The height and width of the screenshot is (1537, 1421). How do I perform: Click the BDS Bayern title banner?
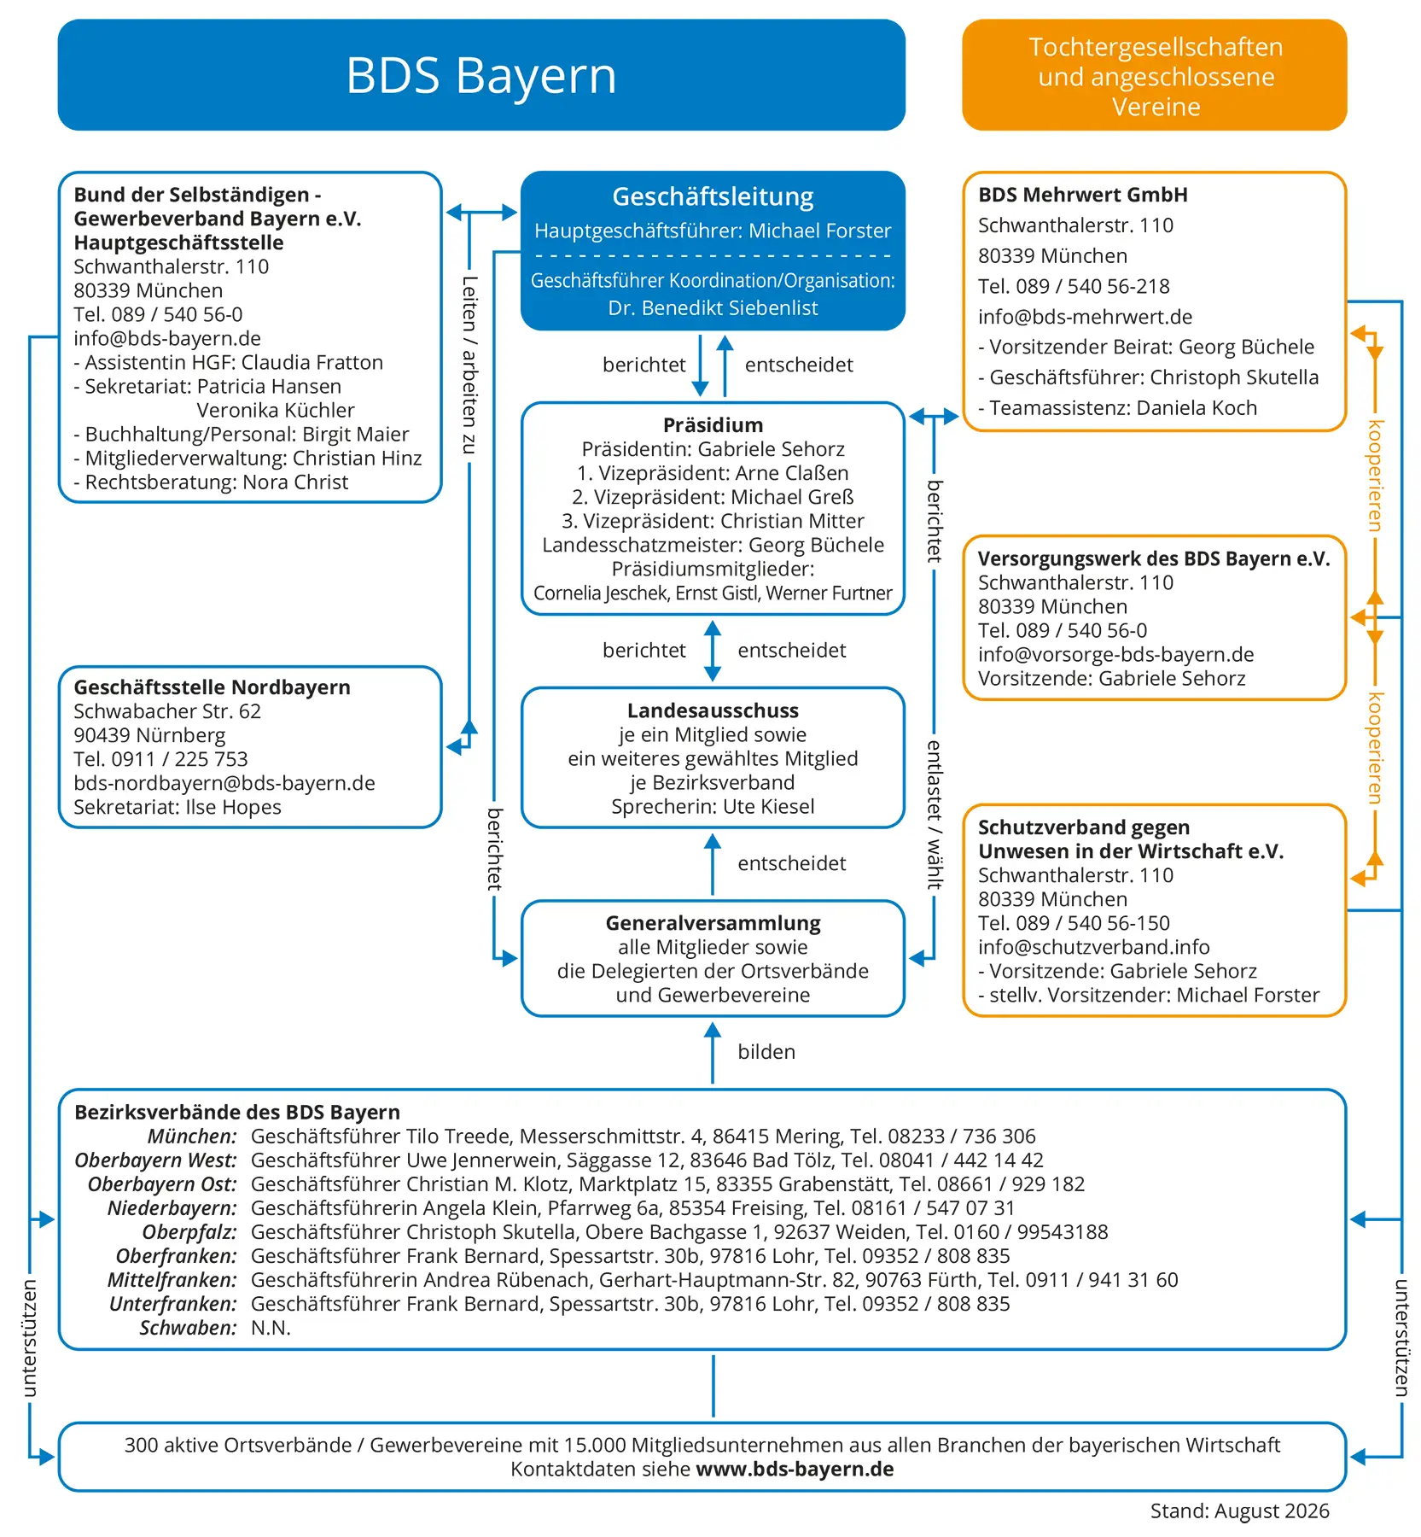pos(481,75)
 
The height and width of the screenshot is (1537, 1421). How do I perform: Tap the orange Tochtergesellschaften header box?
pos(1155,75)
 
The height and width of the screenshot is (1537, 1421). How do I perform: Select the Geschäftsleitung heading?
pos(713,197)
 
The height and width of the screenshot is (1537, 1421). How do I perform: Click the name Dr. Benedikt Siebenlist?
pos(713,308)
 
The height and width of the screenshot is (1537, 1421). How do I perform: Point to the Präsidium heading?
pos(713,425)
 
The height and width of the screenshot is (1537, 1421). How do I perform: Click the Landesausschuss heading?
pos(713,710)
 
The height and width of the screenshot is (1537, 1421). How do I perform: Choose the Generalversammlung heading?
pos(713,923)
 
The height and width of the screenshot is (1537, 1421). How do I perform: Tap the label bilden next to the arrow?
pos(766,1052)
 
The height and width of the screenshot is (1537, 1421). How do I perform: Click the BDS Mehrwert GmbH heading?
pos(1083,195)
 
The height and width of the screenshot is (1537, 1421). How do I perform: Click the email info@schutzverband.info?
pos(1094,947)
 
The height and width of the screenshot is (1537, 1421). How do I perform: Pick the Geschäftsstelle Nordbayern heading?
pos(212,687)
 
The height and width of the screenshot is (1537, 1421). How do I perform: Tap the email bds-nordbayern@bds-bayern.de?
pos(224,783)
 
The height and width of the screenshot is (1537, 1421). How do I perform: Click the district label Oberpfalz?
pos(189,1232)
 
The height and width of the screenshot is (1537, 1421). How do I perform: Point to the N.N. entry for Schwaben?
pos(271,1328)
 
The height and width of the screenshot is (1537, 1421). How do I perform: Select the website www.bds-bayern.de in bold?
pos(795,1469)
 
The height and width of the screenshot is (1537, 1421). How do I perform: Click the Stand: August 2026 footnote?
pos(1239,1511)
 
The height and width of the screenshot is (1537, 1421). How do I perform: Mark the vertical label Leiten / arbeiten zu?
pos(469,365)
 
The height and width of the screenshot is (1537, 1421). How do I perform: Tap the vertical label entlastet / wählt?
pos(935,815)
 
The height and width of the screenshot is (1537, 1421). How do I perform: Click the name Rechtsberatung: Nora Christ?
pos(211,482)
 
